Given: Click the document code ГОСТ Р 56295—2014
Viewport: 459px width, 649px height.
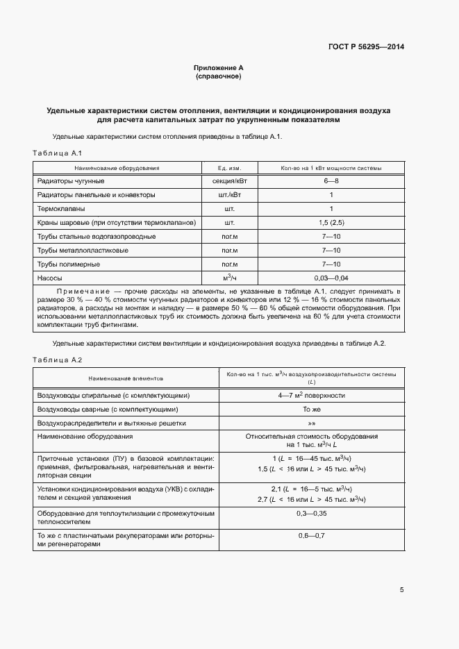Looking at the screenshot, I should point(366,47).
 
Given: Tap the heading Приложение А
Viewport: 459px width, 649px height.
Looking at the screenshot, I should point(218,68).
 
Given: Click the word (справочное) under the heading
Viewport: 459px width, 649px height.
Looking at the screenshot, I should point(218,76).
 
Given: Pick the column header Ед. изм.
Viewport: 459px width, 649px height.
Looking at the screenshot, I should point(228,168).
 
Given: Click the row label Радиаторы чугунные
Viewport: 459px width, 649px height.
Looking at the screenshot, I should point(71,181).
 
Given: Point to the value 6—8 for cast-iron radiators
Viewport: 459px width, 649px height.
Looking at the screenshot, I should point(331,181).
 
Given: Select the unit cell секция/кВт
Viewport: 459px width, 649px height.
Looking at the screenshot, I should point(228,181).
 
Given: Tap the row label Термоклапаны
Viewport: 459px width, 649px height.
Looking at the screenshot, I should point(62,209).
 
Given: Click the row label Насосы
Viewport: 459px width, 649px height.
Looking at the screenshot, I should point(49,278).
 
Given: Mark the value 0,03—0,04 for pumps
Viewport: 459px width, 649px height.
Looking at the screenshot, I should point(331,278).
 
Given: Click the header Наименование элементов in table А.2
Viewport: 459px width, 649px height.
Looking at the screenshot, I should point(125,378).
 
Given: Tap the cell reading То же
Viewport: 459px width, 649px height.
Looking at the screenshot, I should point(311,410).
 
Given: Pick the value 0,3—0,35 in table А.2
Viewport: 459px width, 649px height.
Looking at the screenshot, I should point(311,514).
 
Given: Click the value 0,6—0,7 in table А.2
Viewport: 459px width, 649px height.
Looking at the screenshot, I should point(311,536).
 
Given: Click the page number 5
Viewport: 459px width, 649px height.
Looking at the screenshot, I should point(401,590).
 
